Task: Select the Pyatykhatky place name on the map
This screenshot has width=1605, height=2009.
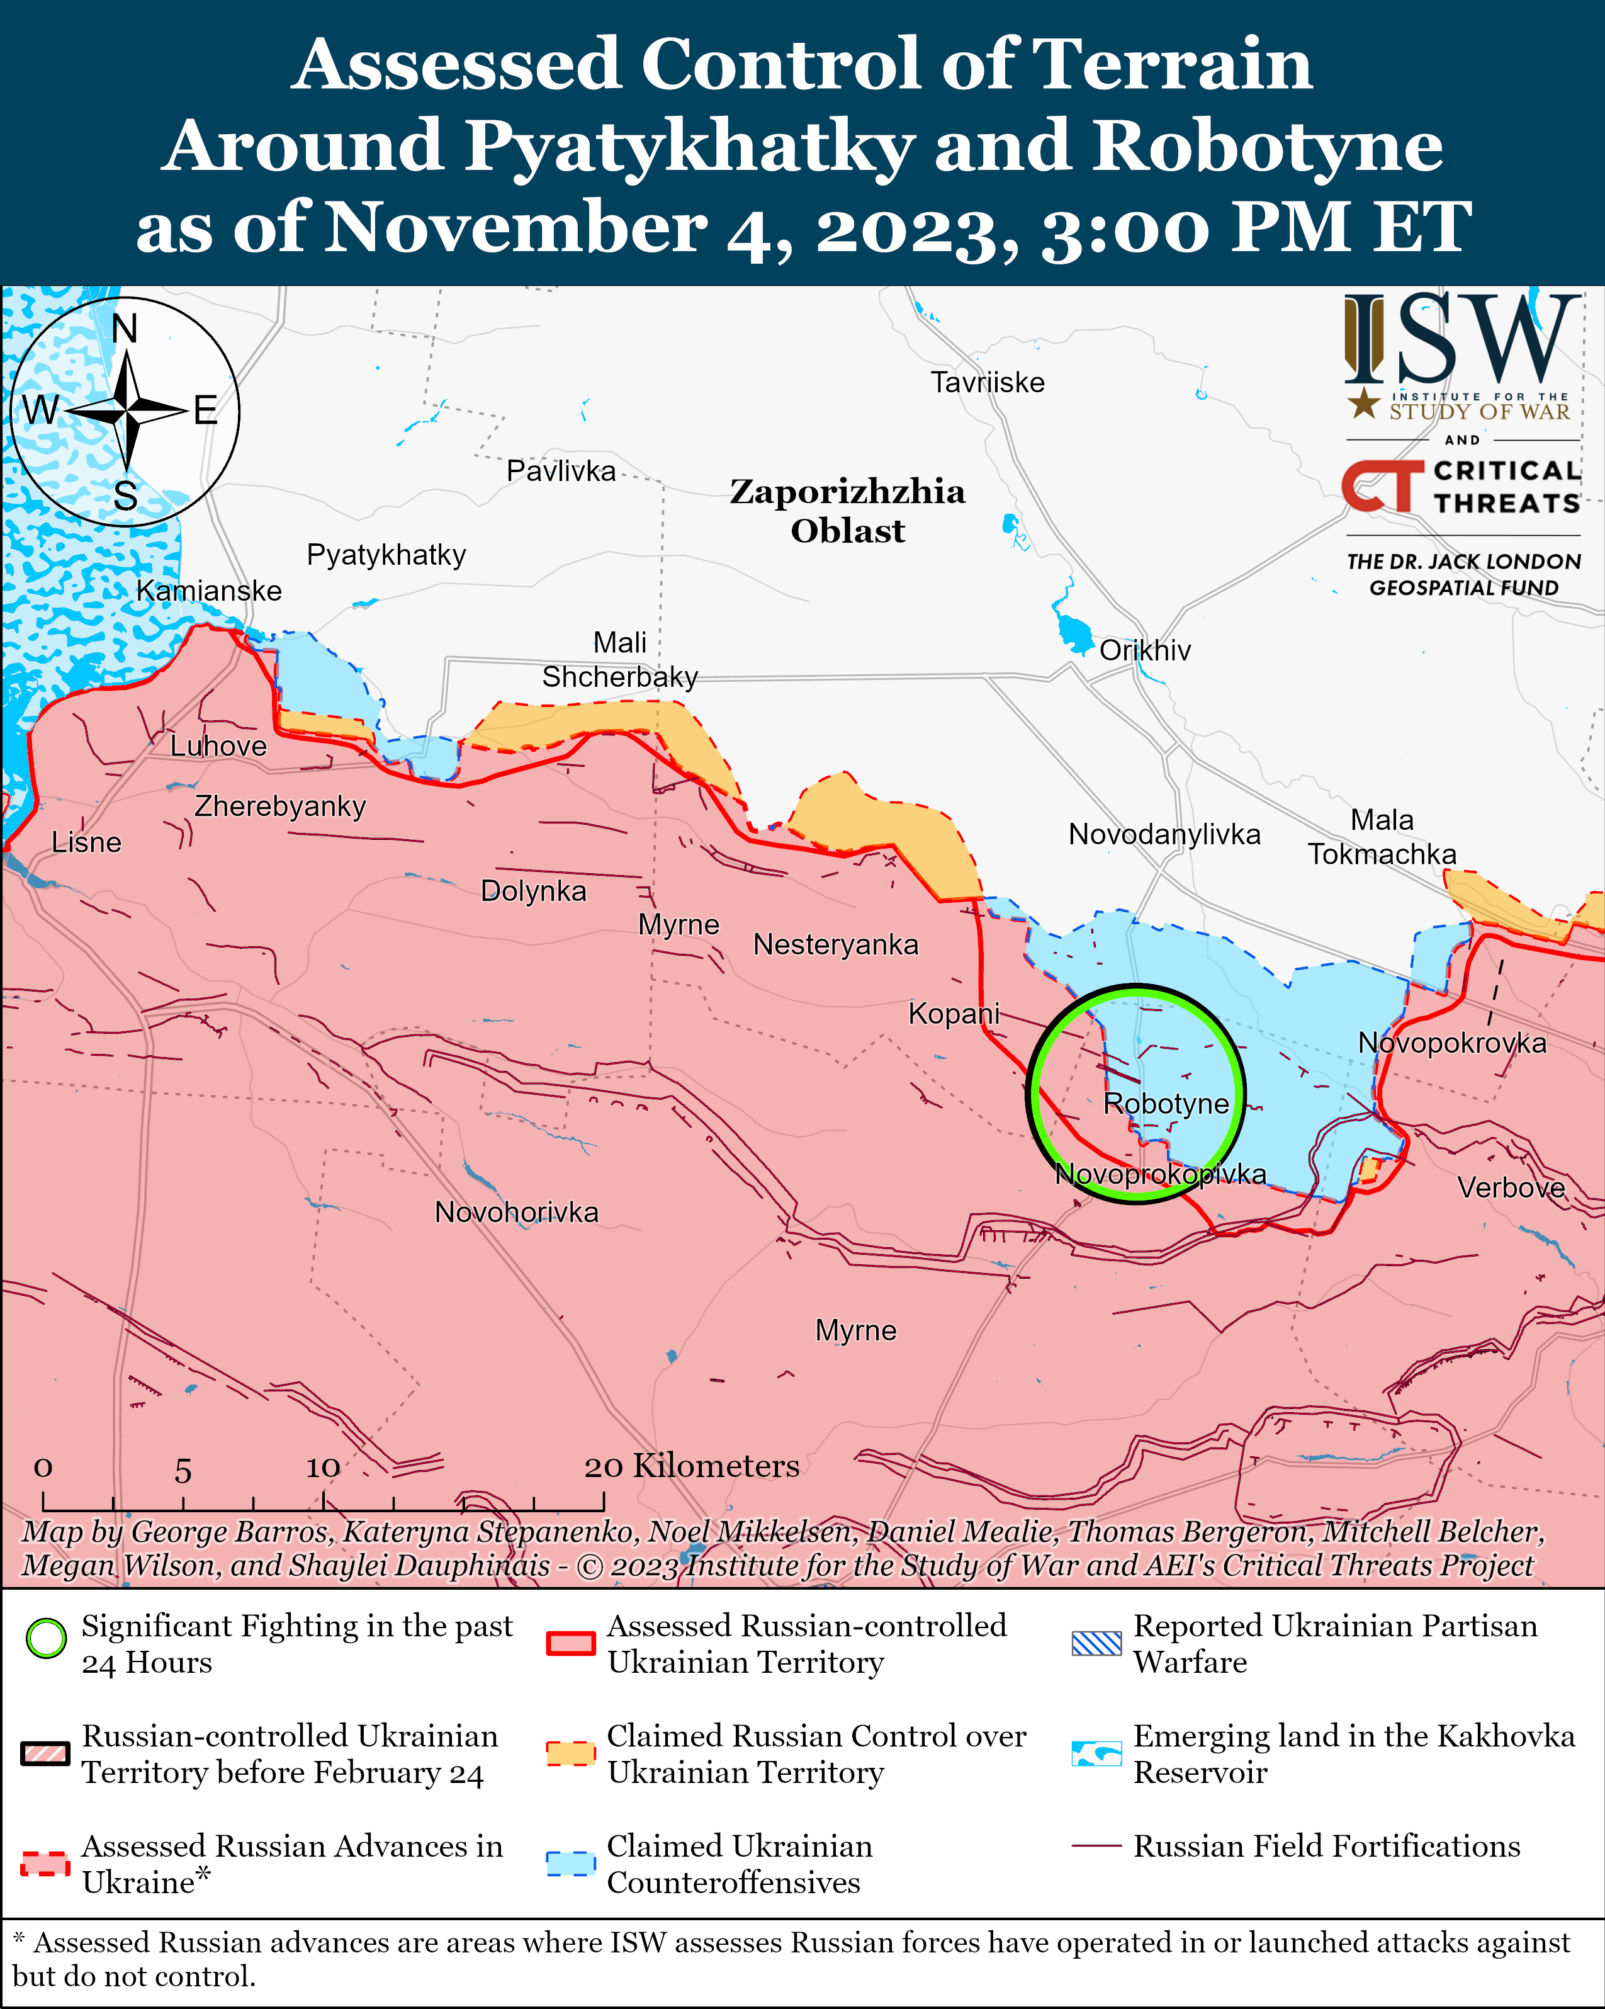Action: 386,555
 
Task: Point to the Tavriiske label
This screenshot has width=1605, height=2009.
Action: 988,382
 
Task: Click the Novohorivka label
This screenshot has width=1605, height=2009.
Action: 516,1213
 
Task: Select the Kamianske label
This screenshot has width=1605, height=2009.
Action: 209,591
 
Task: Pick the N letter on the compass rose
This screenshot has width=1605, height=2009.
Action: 124,329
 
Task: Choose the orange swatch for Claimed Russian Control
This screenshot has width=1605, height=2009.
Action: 570,1753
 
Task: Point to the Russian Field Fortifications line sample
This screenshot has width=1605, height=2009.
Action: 1095,1846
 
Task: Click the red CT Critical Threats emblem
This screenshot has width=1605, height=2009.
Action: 1382,487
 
